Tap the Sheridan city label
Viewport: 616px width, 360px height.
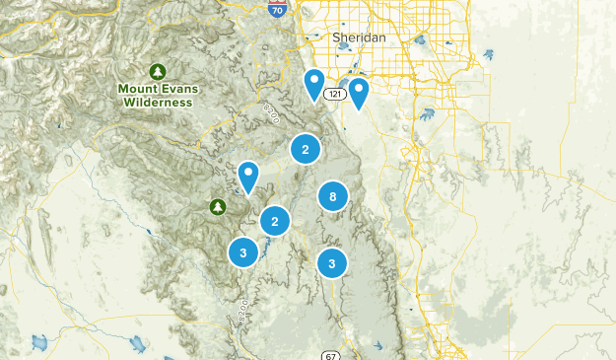pos(358,36)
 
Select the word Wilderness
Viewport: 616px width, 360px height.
pos(157,102)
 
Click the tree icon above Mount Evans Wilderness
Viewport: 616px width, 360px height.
pos(157,71)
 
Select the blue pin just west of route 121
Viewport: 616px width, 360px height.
pos(314,84)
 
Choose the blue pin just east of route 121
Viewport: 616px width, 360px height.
pos(358,93)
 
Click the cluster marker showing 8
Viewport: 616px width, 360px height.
pos(333,197)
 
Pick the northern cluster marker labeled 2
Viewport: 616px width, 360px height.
pos(306,149)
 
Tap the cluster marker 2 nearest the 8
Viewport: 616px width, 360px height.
pos(275,221)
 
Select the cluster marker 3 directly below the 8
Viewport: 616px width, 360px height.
pos(332,263)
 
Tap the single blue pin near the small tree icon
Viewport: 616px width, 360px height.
pos(248,176)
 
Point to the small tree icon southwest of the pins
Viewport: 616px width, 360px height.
pos(217,206)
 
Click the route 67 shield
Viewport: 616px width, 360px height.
pos(331,355)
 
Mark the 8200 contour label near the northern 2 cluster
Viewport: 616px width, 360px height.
pos(273,113)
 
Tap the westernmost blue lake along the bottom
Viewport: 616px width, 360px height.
pos(40,343)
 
